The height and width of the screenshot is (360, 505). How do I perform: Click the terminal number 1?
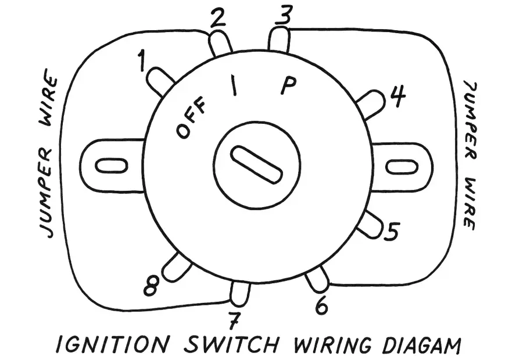click(142, 60)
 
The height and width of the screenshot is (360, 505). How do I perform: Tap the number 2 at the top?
click(217, 19)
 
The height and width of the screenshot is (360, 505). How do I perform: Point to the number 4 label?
click(397, 98)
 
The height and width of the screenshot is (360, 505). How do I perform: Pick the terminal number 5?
click(392, 232)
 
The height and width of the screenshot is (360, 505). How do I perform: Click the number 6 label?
click(321, 305)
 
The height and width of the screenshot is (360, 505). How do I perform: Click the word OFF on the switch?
click(192, 122)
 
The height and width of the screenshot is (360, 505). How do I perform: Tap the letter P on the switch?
click(289, 86)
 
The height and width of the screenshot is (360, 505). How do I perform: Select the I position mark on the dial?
click(234, 88)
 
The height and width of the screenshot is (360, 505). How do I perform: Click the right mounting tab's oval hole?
click(403, 167)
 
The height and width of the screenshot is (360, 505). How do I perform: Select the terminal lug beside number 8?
click(177, 266)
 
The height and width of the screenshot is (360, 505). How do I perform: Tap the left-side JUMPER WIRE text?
click(51, 156)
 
